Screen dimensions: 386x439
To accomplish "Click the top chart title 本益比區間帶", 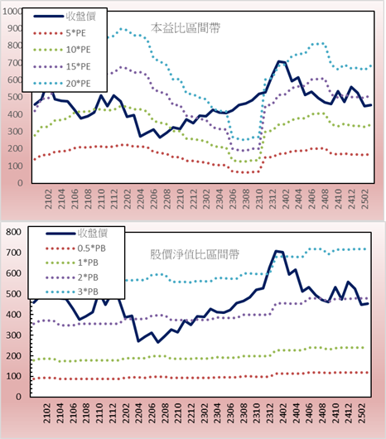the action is (x=186, y=28).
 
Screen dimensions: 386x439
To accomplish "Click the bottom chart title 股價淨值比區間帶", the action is (x=195, y=254).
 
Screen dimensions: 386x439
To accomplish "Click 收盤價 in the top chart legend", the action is (x=81, y=17).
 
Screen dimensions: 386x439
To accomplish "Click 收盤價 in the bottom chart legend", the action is (x=93, y=233).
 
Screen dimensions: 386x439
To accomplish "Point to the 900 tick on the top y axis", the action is (x=15, y=28).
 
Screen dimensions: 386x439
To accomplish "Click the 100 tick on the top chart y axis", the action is (x=15, y=166).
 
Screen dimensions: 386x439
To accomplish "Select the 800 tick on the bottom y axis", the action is (x=13, y=232).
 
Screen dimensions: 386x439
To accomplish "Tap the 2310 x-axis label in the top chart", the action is (x=259, y=199).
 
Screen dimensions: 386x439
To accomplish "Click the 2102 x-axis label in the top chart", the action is (x=49, y=199).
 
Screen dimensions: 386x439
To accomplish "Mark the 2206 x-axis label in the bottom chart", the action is (x=152, y=413).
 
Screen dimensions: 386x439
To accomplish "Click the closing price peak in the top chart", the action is (x=279, y=61).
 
